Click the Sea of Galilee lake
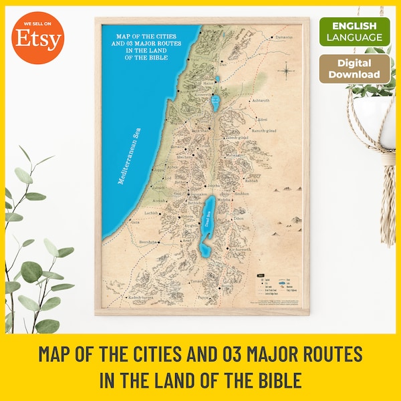click(x=215, y=102)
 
